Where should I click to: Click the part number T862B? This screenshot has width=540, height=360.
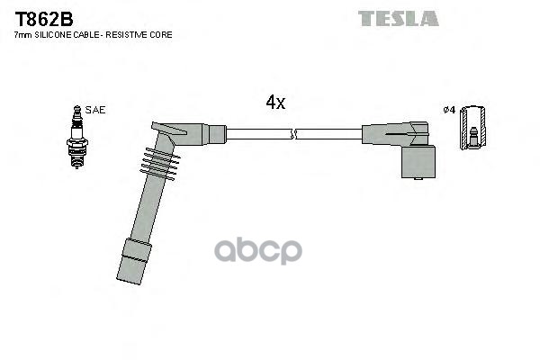click(44, 19)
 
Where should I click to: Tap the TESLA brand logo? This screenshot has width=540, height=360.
click(399, 19)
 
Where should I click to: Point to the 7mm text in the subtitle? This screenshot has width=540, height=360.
click(22, 35)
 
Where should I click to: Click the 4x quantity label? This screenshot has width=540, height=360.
click(275, 102)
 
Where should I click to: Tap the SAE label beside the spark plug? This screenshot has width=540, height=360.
click(95, 110)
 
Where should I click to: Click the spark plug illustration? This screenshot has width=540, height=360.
click(77, 137)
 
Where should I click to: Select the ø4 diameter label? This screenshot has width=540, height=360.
click(449, 110)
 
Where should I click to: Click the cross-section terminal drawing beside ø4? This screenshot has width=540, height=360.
click(473, 128)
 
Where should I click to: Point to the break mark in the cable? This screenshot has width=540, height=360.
click(293, 134)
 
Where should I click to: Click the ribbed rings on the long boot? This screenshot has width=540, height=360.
click(160, 164)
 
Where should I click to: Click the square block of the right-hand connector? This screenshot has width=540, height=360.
click(418, 162)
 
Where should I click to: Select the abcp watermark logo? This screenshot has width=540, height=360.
click(258, 250)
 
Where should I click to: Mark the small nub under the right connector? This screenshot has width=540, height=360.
click(418, 178)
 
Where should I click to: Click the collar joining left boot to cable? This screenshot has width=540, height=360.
click(217, 134)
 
